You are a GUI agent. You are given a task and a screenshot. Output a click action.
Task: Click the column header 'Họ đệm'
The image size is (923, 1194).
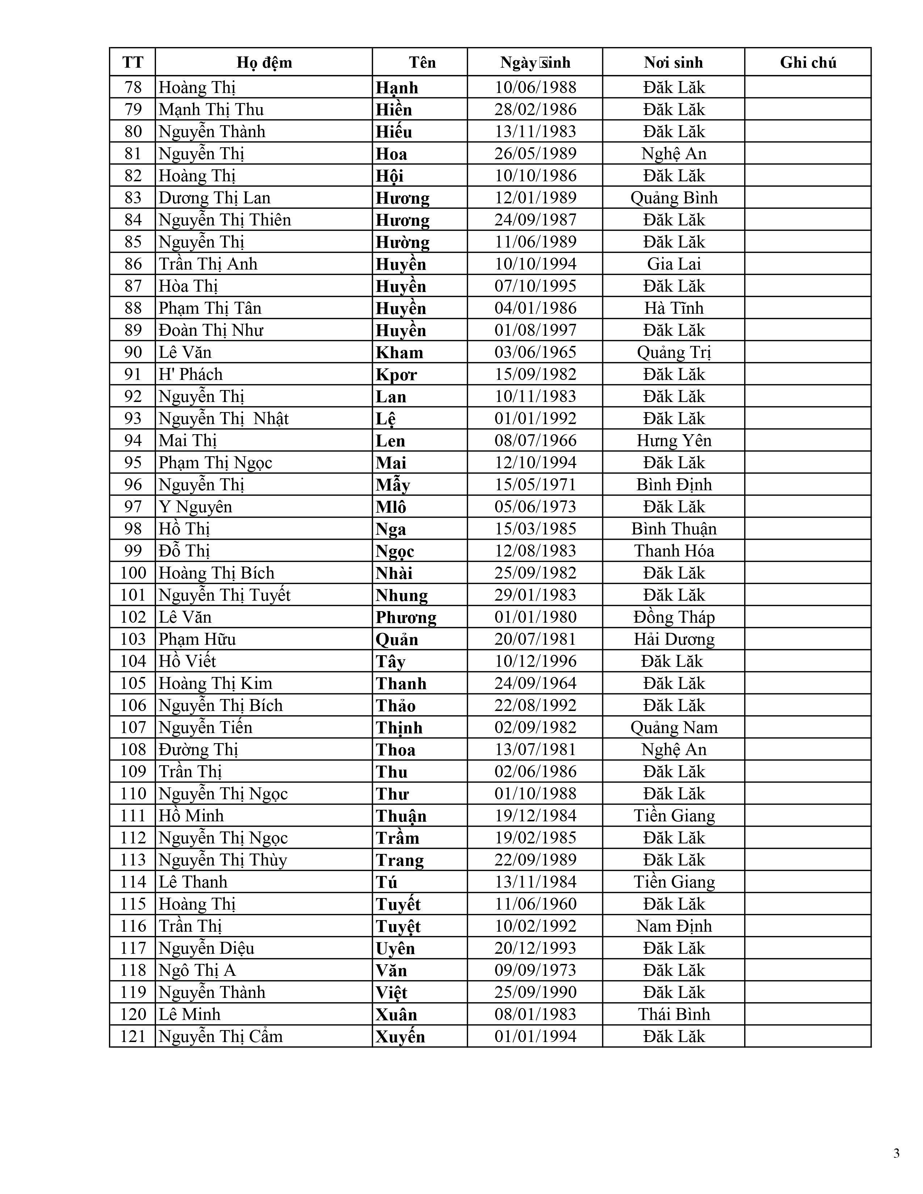[264, 62]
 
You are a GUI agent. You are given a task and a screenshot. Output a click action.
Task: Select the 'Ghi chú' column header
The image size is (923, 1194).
[808, 62]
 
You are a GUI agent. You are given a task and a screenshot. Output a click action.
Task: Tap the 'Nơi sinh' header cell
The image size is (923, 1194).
[673, 62]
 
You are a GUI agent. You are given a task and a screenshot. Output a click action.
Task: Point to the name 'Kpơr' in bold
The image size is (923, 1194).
[396, 374]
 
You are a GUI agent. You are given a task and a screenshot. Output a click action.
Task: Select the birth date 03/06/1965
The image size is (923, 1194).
[535, 352]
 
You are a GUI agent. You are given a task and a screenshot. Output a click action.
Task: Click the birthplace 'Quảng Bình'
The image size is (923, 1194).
[674, 198]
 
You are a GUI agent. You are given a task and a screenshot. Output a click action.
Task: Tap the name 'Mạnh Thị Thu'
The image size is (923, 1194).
[211, 109]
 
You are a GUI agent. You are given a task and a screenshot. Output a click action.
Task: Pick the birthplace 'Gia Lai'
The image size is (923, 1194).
[674, 264]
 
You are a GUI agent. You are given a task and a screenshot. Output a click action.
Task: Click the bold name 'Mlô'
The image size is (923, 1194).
[391, 507]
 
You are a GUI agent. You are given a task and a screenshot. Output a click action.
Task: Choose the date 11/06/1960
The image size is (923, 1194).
[535, 904]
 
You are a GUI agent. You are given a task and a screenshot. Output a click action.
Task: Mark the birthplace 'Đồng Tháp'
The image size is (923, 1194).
[674, 617]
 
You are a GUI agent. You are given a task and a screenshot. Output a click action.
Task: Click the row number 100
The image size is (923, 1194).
[133, 573]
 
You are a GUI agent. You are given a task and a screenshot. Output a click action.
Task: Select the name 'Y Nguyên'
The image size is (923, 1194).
[195, 507]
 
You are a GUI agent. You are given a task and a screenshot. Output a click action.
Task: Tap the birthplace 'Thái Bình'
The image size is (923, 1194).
[674, 1014]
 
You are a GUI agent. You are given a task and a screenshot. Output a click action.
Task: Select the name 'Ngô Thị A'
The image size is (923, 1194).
[197, 970]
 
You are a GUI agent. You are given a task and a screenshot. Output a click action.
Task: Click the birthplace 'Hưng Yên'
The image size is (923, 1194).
[674, 441]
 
